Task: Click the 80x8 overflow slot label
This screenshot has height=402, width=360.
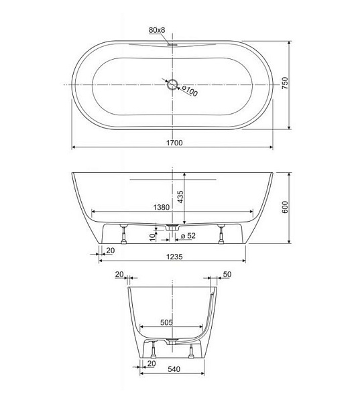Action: [157, 30]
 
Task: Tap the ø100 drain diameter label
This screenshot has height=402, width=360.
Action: [190, 90]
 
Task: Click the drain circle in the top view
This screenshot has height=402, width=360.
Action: [172, 84]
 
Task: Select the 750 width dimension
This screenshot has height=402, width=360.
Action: [285, 83]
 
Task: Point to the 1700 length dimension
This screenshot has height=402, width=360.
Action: [174, 143]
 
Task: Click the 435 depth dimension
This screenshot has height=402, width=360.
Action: [180, 197]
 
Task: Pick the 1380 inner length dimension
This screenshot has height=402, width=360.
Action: [162, 207]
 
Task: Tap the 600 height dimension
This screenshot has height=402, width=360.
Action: [285, 208]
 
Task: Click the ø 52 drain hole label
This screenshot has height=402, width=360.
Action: [188, 236]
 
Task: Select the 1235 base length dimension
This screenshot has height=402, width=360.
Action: [174, 257]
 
